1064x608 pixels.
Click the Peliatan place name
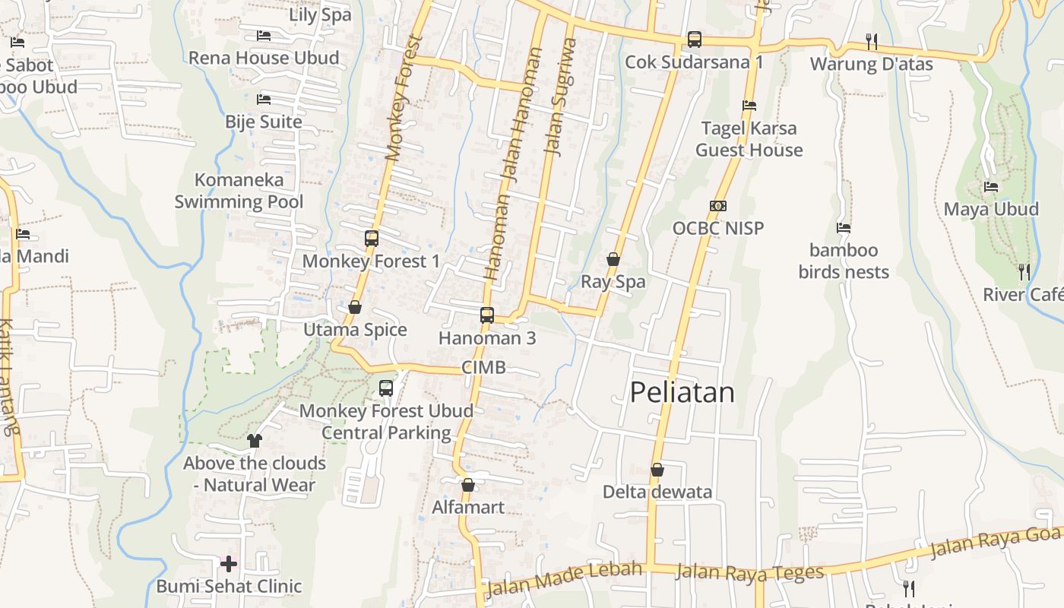coord(682,392)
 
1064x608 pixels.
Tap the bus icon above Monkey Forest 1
coord(371,238)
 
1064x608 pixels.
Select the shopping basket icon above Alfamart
coord(468,485)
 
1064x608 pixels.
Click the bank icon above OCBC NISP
coord(717,205)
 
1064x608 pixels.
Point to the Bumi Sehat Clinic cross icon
coord(229,563)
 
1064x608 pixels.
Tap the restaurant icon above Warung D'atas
coord(871,41)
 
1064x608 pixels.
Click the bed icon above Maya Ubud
coord(990,186)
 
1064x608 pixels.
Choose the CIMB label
coord(483,368)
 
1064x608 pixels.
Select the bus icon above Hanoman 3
coord(487,315)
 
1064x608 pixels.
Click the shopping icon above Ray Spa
coord(613,259)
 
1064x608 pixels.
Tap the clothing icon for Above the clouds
coord(254,440)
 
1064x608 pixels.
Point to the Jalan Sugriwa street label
coord(561,97)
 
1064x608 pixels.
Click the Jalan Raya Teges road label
coord(749,572)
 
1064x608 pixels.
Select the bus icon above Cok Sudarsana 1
coord(694,39)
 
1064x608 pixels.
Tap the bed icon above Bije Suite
coord(264,99)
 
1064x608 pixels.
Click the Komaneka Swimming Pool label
coord(239,191)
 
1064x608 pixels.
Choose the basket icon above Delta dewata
coord(657,470)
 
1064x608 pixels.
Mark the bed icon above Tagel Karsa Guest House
coord(749,106)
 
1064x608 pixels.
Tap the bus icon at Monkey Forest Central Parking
coord(386,388)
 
